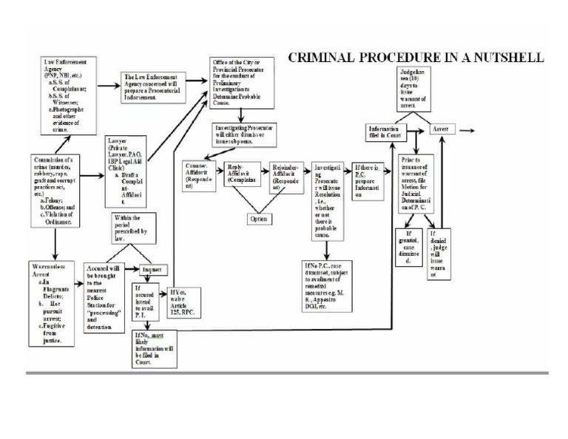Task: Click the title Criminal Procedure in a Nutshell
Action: coord(416,57)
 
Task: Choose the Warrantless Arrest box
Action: coord(53,302)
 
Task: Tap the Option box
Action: coord(260,219)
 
